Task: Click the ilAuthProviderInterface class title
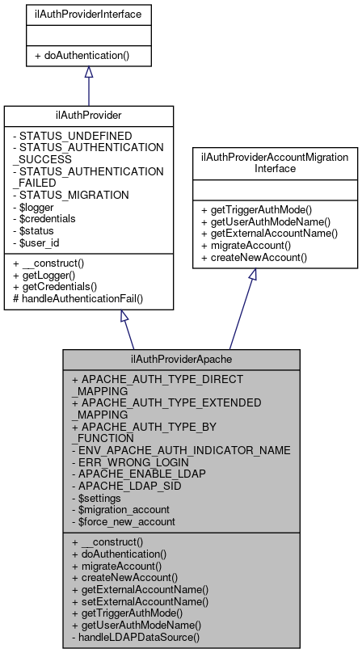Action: pyautogui.click(x=88, y=14)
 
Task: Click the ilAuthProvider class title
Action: pyautogui.click(x=88, y=116)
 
